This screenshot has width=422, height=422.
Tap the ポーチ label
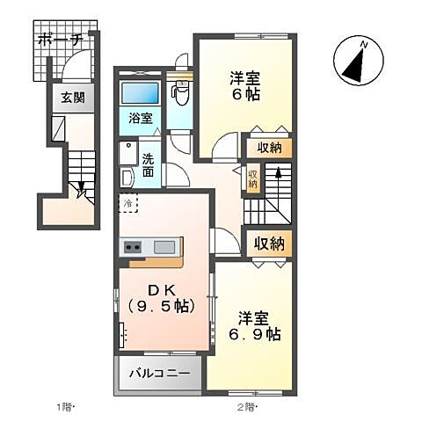pos(60,39)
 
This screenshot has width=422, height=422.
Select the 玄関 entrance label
pos(73,98)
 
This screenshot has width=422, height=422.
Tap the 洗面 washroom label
pos(149,165)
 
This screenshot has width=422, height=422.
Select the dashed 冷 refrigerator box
pos(129,203)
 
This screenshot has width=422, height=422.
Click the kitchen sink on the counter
pos(164,247)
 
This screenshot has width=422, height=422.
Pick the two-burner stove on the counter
pos(134,247)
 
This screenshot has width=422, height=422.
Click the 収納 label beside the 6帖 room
pos(269,148)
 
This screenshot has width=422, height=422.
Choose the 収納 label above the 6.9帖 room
pos(269,243)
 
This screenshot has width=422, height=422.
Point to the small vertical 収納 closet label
pos(253,178)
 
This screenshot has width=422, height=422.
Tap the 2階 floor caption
pos(246,407)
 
